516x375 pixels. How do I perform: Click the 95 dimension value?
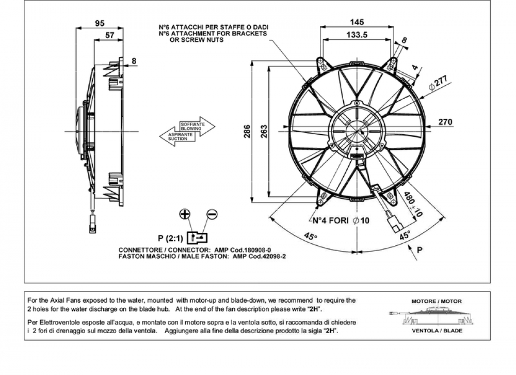tap(100, 23)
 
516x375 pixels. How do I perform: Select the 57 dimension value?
tap(109, 35)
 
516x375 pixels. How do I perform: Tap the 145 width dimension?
tap(357, 22)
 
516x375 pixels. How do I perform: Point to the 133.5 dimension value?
tap(357, 35)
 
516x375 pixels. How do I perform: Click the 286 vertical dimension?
tap(247, 131)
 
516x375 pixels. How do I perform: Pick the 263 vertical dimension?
tap(264, 131)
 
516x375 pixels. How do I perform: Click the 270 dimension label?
tap(445, 121)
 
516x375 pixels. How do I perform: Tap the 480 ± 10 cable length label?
tap(413, 204)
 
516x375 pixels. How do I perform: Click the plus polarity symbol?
tap(185, 214)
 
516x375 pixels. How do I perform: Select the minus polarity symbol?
tap(212, 214)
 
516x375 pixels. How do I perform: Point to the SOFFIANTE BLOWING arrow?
tap(198, 127)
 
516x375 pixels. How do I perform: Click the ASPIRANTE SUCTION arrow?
tap(178, 136)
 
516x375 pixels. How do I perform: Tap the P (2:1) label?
tap(170, 238)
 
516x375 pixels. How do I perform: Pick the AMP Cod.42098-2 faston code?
tap(259, 256)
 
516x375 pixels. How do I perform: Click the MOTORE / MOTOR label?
tap(437, 301)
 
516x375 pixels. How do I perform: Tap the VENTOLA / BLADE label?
tap(437, 331)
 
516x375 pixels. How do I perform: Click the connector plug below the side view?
tap(93, 224)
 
